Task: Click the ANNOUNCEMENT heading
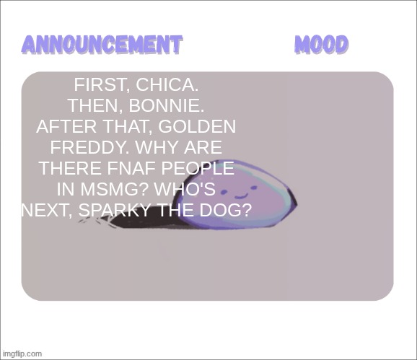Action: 101,45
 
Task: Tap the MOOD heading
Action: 322,45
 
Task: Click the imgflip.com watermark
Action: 22,354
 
